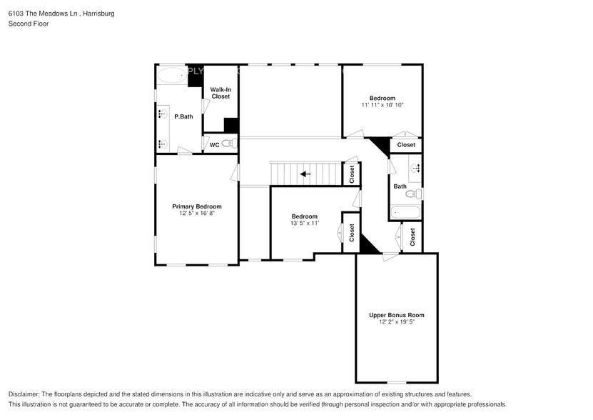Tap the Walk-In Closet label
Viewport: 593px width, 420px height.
[x=221, y=93]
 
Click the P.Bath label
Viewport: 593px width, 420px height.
[x=183, y=116]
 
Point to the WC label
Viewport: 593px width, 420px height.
[x=214, y=144]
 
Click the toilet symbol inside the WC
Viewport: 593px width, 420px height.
[x=228, y=144]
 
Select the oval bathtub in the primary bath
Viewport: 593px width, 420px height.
[x=171, y=75]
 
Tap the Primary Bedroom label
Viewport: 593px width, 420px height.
[x=196, y=206]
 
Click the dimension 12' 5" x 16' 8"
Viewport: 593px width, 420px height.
[x=196, y=214]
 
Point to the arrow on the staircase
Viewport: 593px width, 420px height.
[x=305, y=174]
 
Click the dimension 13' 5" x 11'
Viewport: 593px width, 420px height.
[x=305, y=224]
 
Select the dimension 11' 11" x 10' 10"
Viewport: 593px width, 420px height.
[x=382, y=105]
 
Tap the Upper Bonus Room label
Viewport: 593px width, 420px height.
[x=396, y=315]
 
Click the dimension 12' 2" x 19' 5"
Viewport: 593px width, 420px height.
[x=396, y=322]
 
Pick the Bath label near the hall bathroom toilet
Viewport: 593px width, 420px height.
[x=400, y=186]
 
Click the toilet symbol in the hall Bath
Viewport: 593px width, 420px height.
[x=413, y=194]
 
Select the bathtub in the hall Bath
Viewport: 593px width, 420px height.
[x=405, y=212]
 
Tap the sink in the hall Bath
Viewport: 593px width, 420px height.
[x=415, y=169]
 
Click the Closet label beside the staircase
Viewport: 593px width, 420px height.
[x=352, y=174]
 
